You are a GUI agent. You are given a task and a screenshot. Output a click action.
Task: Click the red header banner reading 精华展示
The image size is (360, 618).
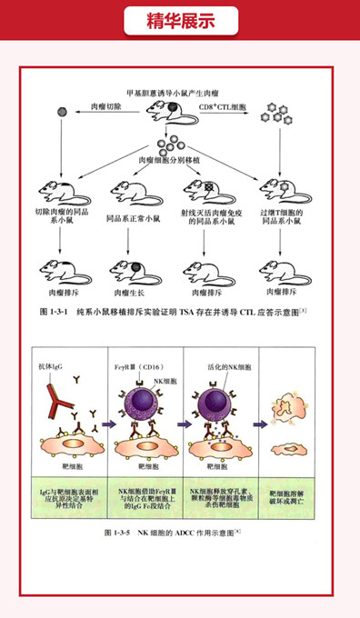pyautogui.click(x=180, y=20)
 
